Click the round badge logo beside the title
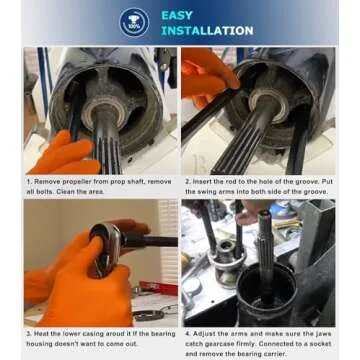134,22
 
